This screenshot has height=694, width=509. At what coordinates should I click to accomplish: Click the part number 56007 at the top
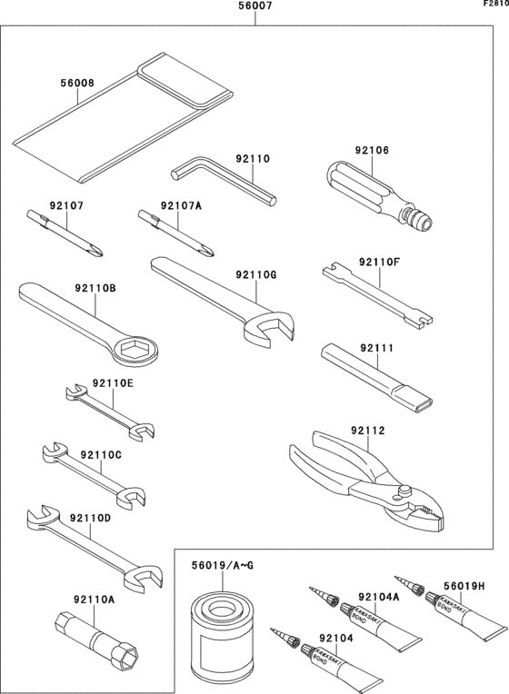[254, 5]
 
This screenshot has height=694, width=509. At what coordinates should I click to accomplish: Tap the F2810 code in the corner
[495, 4]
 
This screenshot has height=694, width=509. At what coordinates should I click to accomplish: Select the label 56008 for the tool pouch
[77, 83]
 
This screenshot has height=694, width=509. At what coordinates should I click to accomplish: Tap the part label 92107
[66, 205]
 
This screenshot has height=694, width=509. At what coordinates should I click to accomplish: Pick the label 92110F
[379, 262]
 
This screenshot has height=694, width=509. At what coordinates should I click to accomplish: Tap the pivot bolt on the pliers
[404, 491]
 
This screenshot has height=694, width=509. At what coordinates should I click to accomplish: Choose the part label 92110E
[113, 382]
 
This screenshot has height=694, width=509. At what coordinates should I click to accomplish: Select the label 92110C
[101, 454]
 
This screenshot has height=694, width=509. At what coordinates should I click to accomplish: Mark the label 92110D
[90, 518]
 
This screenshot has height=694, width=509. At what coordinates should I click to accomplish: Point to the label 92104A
[379, 597]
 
